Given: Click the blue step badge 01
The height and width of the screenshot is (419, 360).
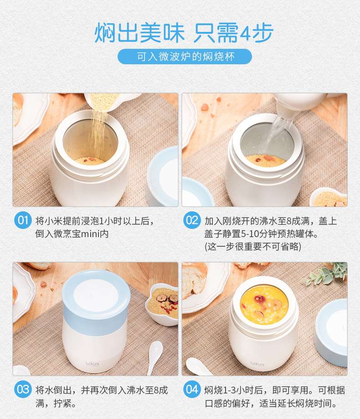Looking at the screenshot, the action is (x=23, y=220).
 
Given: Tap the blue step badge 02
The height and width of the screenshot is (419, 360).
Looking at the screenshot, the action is (x=192, y=220).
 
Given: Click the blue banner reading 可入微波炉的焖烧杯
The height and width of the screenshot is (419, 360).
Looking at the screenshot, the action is (x=185, y=57).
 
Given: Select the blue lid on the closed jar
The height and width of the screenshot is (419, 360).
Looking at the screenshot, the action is (x=96, y=302).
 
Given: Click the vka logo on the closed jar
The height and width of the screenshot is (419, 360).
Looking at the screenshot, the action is (x=93, y=363).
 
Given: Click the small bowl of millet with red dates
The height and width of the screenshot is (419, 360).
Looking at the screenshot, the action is (x=162, y=305).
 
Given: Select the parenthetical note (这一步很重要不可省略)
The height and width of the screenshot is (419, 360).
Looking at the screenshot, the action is (x=252, y=246).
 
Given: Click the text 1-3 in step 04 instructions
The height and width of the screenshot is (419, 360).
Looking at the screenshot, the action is (x=229, y=390).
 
